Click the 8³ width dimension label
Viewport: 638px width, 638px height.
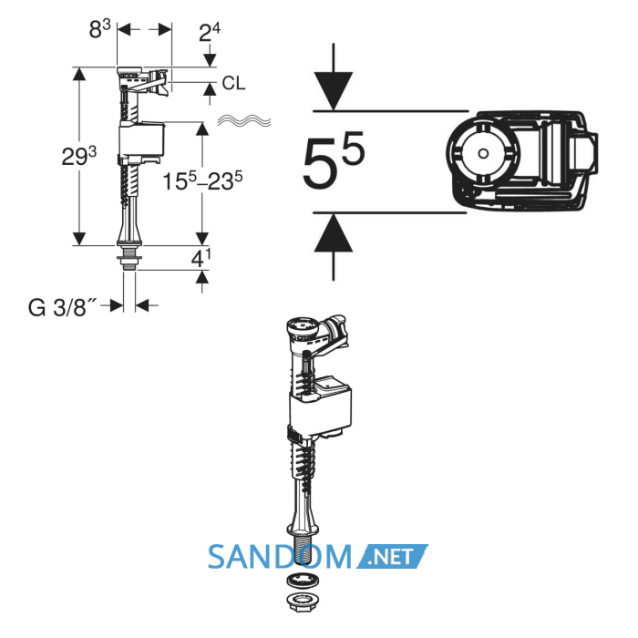click(99, 30)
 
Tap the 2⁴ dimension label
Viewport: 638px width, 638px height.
click(209, 33)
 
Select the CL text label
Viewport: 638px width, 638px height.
click(233, 84)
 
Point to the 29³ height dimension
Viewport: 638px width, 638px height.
click(79, 157)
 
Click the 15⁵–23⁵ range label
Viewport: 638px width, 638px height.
click(202, 180)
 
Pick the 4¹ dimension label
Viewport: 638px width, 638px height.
click(201, 258)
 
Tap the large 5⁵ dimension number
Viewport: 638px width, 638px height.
click(333, 160)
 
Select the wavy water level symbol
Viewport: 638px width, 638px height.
click(244, 120)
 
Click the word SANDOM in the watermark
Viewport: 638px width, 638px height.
click(280, 557)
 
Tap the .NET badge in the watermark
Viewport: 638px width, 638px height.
click(392, 556)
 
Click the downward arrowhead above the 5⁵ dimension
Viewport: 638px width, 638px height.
click(334, 91)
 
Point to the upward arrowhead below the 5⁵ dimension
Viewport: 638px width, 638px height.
click(334, 232)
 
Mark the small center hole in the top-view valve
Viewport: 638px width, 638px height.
click(483, 153)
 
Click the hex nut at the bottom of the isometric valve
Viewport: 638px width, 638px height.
click(302, 601)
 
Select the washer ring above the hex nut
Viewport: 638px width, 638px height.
click(303, 581)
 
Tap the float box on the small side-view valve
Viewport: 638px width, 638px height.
click(141, 139)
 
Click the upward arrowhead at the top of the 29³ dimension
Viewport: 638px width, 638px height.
click(79, 74)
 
